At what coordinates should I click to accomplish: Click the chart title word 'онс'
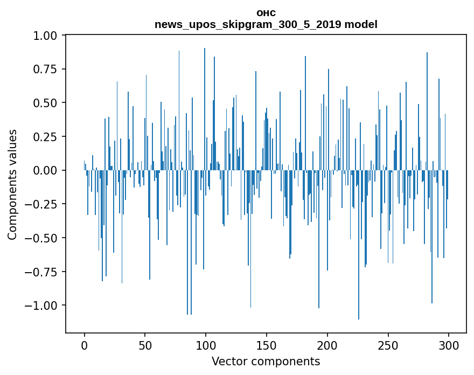pos(266,13)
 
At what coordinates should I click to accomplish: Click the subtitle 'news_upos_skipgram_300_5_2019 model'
pos(266,24)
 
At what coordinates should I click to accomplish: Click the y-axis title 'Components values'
pos(12,184)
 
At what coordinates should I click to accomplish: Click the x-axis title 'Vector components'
pos(266,362)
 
